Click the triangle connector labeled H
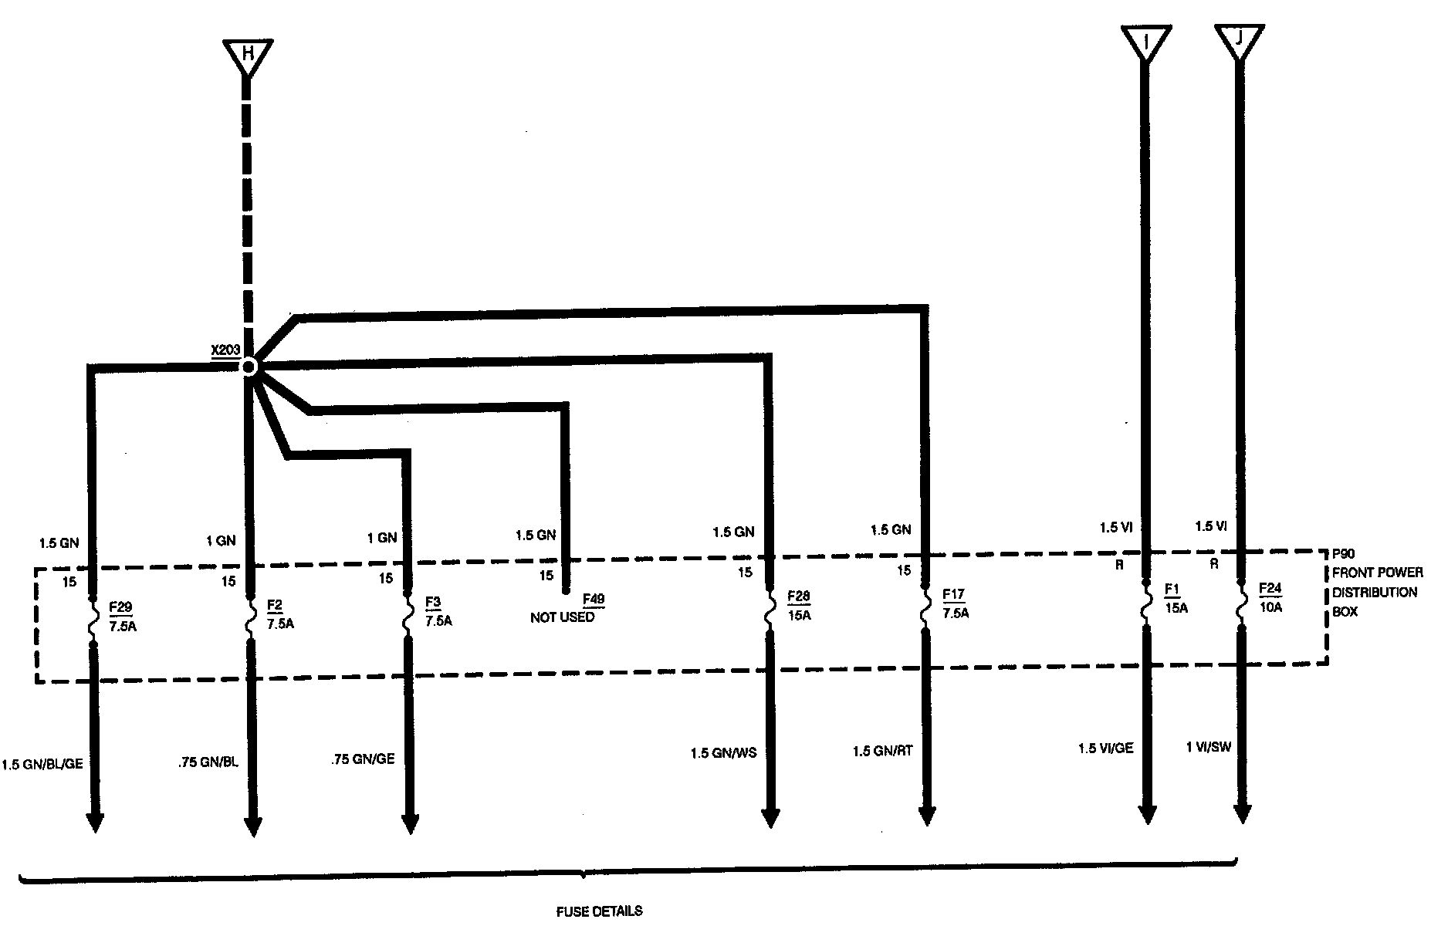tap(247, 56)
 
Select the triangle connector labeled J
tap(1239, 40)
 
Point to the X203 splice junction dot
tap(249, 367)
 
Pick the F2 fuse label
tap(275, 603)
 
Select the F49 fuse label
tap(593, 599)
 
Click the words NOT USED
tap(562, 617)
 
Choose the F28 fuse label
tap(798, 596)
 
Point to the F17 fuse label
tap(954, 595)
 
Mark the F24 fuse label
tap(1270, 588)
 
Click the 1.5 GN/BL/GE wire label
tap(42, 764)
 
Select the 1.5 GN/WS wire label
tap(723, 753)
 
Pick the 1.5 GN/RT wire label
tap(882, 751)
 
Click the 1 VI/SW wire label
tap(1209, 746)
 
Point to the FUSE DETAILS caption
tap(599, 911)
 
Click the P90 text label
tap(1344, 554)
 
